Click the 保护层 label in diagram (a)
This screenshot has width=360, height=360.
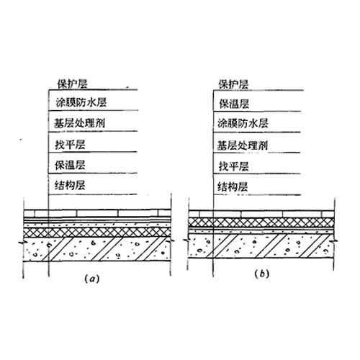(x=72, y=84)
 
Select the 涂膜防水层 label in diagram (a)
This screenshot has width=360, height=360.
(x=81, y=102)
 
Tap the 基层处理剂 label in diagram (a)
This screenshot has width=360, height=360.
(x=79, y=123)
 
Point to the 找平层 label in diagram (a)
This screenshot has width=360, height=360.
(x=70, y=145)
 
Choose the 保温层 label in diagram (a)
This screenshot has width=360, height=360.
(x=70, y=165)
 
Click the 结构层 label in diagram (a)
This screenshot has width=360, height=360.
(x=70, y=186)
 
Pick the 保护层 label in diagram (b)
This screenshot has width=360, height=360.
(x=233, y=84)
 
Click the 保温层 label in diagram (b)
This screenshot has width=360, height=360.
(x=234, y=104)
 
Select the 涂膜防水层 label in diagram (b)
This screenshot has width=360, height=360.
(x=243, y=124)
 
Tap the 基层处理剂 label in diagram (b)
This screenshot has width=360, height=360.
(x=243, y=145)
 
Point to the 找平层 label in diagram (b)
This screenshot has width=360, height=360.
(x=233, y=166)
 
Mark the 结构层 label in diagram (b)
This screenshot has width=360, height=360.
(x=233, y=187)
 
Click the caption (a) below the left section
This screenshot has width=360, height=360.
(x=92, y=279)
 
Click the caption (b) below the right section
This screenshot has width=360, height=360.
(x=262, y=274)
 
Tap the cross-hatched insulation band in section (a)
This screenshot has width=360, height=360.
(x=97, y=232)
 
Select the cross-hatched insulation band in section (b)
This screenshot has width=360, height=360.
(x=261, y=222)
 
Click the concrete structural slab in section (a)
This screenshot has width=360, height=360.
(x=97, y=249)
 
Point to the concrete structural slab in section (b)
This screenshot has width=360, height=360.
(x=261, y=246)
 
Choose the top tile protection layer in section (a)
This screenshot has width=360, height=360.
(x=97, y=213)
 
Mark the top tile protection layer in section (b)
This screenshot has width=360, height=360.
(x=261, y=214)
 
